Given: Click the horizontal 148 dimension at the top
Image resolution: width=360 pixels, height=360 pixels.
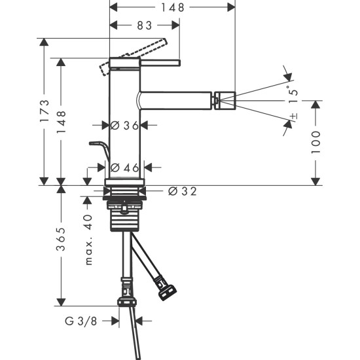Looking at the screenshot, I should (x=173, y=7).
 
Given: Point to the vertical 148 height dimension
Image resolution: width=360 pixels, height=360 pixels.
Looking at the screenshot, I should (x=62, y=120).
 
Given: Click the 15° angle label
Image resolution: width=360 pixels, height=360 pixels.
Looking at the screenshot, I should (x=293, y=96).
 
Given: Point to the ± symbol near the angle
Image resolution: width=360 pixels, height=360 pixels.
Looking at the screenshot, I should (x=293, y=117).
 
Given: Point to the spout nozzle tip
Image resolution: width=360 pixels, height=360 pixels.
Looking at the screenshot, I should (x=224, y=101).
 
